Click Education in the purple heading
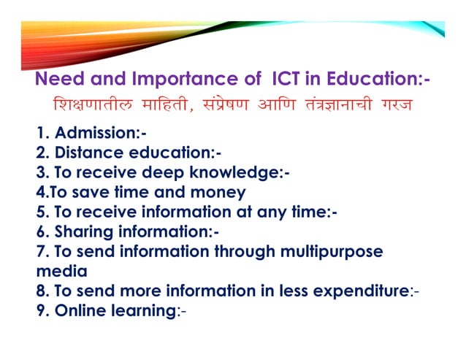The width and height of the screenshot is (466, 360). pos(372,78)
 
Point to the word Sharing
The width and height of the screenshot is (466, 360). pos(82,232)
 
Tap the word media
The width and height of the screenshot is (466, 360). pos(61,272)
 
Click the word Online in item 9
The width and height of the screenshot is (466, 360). pos(80,311)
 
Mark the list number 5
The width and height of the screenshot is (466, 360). pos(40,212)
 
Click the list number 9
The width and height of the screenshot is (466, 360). pos(40,311)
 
